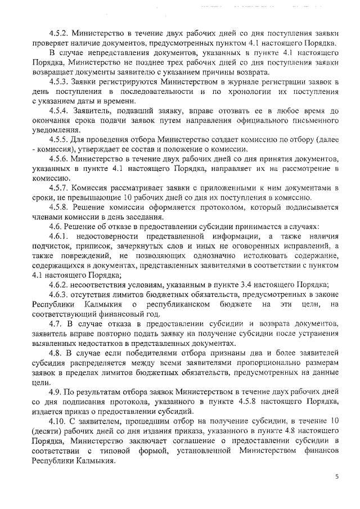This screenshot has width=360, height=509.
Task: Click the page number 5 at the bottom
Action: (x=337, y=477)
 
